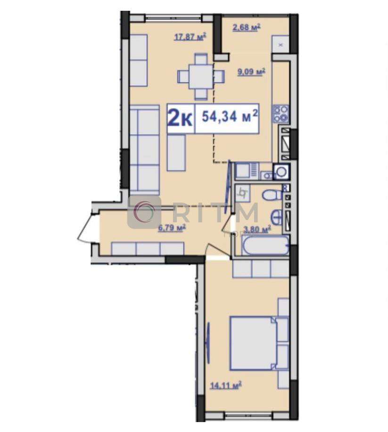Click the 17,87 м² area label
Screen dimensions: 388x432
pos(190,37)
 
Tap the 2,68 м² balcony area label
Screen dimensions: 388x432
pos(247,27)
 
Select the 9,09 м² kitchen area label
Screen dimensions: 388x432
pos(251,72)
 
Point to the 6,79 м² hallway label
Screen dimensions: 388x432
pos(171,228)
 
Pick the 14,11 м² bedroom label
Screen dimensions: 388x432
pos(226,385)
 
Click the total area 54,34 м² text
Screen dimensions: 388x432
pos(230,117)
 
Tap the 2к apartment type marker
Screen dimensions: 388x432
pos(180,119)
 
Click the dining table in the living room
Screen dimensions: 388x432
pos(201,76)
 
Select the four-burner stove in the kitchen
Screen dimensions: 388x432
pos(281,114)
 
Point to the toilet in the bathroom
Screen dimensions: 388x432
pos(272,195)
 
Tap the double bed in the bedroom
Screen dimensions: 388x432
pos(253,343)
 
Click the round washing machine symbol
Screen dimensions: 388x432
pos(281,172)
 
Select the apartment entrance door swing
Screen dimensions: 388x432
pos(85,226)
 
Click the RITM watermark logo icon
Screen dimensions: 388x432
pos(144,212)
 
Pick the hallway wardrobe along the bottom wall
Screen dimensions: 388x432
pos(148,249)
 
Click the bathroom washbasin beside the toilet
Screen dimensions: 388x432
pos(276,217)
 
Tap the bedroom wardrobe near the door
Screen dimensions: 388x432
pos(261,269)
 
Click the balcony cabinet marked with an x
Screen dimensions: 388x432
pos(281,44)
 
